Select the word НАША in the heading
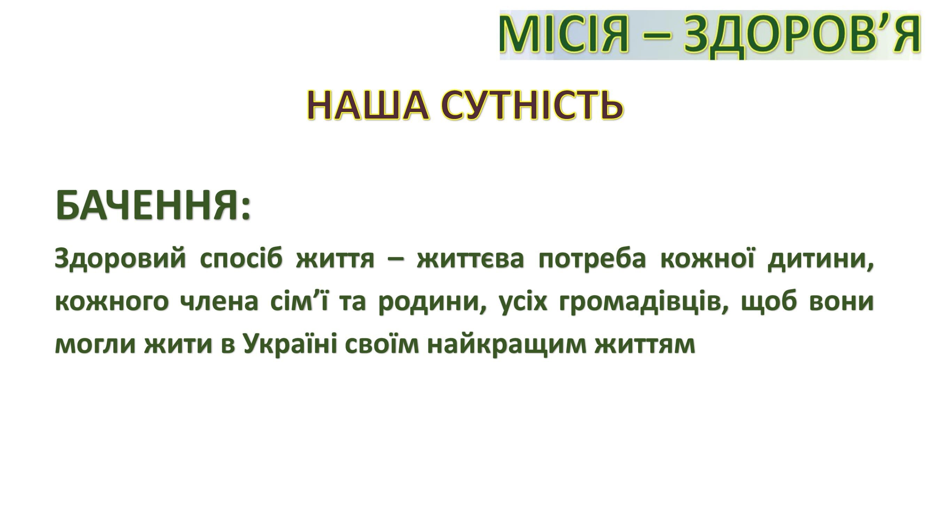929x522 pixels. [x=368, y=105]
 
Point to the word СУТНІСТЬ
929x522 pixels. [x=532, y=105]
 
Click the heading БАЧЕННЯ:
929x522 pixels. [x=153, y=205]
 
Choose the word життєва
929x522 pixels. [x=470, y=259]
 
